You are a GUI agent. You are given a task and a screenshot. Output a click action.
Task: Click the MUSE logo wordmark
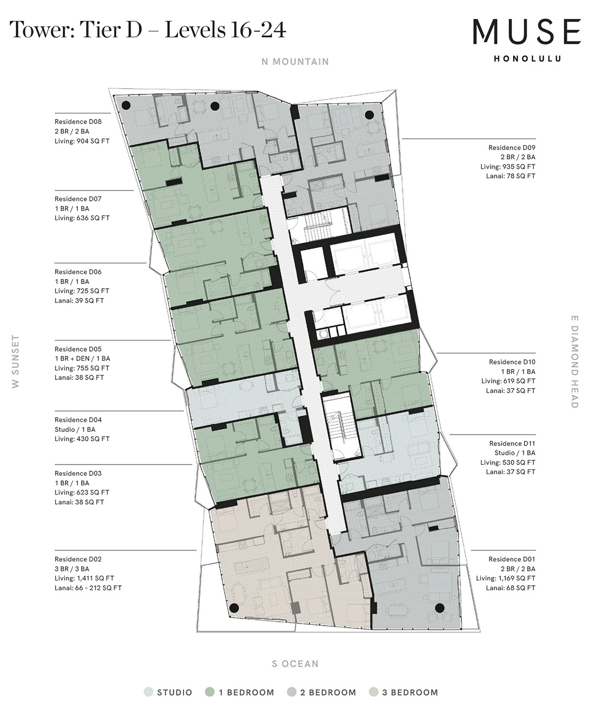[x=527, y=32]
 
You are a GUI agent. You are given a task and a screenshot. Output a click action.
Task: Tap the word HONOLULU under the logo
[x=527, y=59]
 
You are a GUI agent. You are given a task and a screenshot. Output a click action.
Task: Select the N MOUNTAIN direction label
[x=295, y=62]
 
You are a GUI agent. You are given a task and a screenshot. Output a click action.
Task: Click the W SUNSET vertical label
[x=16, y=361]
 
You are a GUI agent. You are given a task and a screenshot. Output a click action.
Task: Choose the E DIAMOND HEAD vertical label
[x=575, y=361]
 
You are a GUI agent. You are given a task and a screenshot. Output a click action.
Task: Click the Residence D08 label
[x=78, y=122]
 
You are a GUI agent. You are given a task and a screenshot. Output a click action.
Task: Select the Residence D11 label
[x=512, y=444]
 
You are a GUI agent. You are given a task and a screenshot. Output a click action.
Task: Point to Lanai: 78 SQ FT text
[x=511, y=176]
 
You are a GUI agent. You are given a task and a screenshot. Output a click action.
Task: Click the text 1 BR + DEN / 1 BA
[x=82, y=359]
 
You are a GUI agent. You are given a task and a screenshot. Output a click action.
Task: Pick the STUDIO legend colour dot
[x=149, y=692]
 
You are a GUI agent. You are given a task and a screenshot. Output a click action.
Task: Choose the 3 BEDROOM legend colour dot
[x=374, y=692]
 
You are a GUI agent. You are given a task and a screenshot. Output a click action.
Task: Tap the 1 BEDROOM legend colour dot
[x=210, y=692]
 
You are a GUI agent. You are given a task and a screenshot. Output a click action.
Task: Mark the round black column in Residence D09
[x=369, y=115]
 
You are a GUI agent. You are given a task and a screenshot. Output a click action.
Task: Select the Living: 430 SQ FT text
[x=82, y=439]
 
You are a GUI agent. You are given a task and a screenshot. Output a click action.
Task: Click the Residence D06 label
[x=78, y=272]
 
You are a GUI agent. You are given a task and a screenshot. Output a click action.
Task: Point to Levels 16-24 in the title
[x=226, y=30]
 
